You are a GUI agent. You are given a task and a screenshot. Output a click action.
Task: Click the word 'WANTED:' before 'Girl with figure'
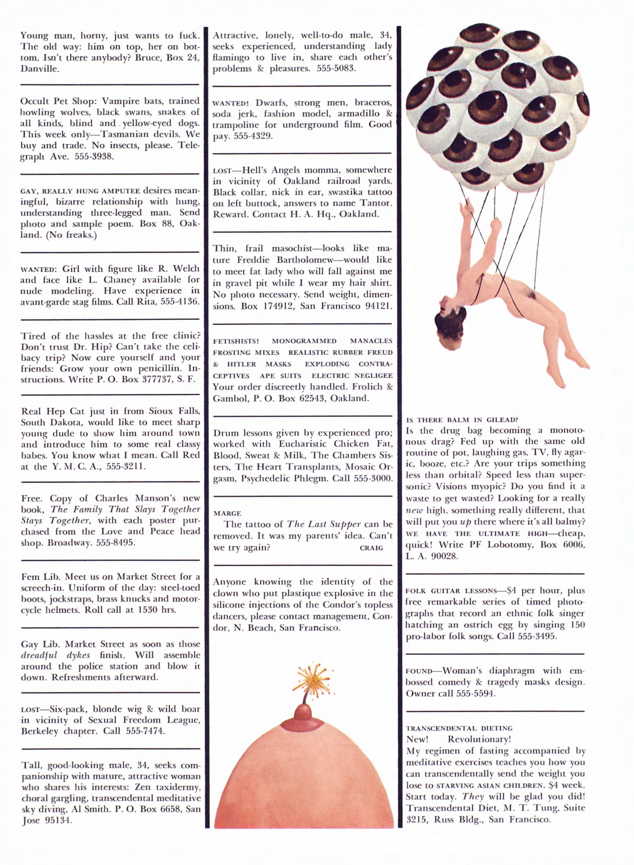tap(38, 269)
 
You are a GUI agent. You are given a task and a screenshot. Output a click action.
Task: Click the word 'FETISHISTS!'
tap(236, 341)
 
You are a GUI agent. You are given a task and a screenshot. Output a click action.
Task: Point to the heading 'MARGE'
tap(227, 513)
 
